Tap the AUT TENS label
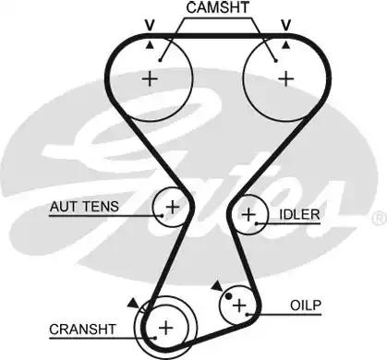(83, 207)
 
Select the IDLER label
(298, 215)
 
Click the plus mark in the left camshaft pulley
(150, 78)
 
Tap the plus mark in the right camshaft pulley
(285, 78)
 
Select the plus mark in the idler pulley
(248, 215)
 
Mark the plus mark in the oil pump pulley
(239, 304)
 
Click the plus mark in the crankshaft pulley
(164, 327)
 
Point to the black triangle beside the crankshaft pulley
(135, 302)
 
